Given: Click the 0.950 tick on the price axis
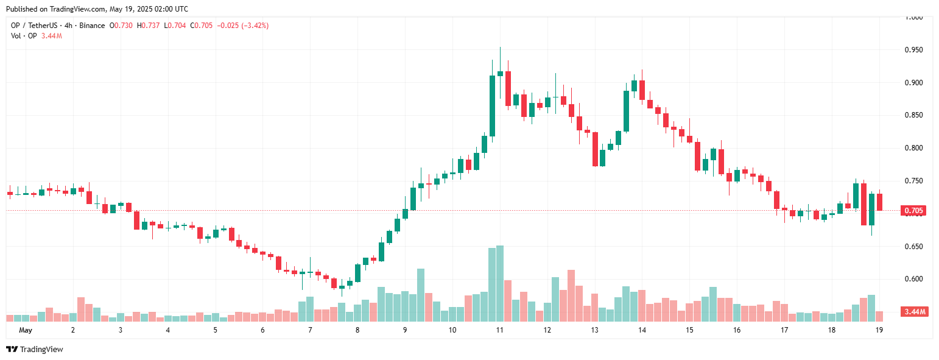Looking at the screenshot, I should (x=913, y=50).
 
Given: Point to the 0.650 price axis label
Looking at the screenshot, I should (x=913, y=247).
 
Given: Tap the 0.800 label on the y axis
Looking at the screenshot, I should (x=913, y=148).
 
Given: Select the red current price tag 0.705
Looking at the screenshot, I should (x=914, y=211).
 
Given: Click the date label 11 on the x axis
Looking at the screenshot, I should (x=499, y=330).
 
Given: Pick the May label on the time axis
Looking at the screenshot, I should (x=25, y=330).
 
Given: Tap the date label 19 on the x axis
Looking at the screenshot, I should (x=879, y=330).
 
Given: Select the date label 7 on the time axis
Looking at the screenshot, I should (x=310, y=330).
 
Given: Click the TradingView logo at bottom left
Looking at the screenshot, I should (x=35, y=349).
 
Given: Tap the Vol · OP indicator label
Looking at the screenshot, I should (x=24, y=36).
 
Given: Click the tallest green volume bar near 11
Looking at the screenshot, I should (x=500, y=283).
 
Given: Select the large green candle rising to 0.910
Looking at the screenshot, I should (x=492, y=105).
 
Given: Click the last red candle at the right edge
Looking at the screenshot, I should (x=879, y=202).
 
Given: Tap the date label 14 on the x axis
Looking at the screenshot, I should (x=642, y=330).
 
